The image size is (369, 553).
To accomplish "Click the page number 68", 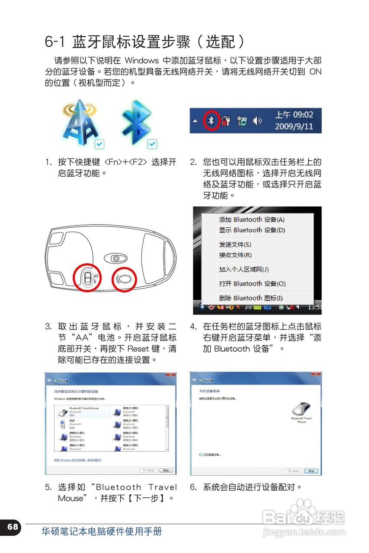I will coord(13,526).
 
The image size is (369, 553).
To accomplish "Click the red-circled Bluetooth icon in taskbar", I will coord(211,121).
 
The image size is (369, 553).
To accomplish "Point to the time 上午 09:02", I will coord(294,114).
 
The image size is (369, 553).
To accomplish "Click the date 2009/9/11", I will coord(294,127).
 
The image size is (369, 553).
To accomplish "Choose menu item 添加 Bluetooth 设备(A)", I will coord(252,219).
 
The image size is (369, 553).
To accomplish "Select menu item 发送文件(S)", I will coord(235,245).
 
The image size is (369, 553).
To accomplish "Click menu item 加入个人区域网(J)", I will coord(244,270).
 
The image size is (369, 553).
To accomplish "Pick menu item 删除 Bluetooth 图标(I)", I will coord(250,298).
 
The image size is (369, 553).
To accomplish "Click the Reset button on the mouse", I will coord(125,279).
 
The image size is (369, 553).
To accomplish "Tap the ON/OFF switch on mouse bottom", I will coord(88,278).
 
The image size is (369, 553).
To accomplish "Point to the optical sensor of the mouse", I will coord(116,258).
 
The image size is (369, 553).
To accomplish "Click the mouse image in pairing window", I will coord(301,408).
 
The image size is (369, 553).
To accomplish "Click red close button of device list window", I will coord(171,374).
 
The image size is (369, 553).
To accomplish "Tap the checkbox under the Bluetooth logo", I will coord(152,144).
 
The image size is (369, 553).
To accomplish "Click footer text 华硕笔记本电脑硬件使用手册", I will coord(102,531).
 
